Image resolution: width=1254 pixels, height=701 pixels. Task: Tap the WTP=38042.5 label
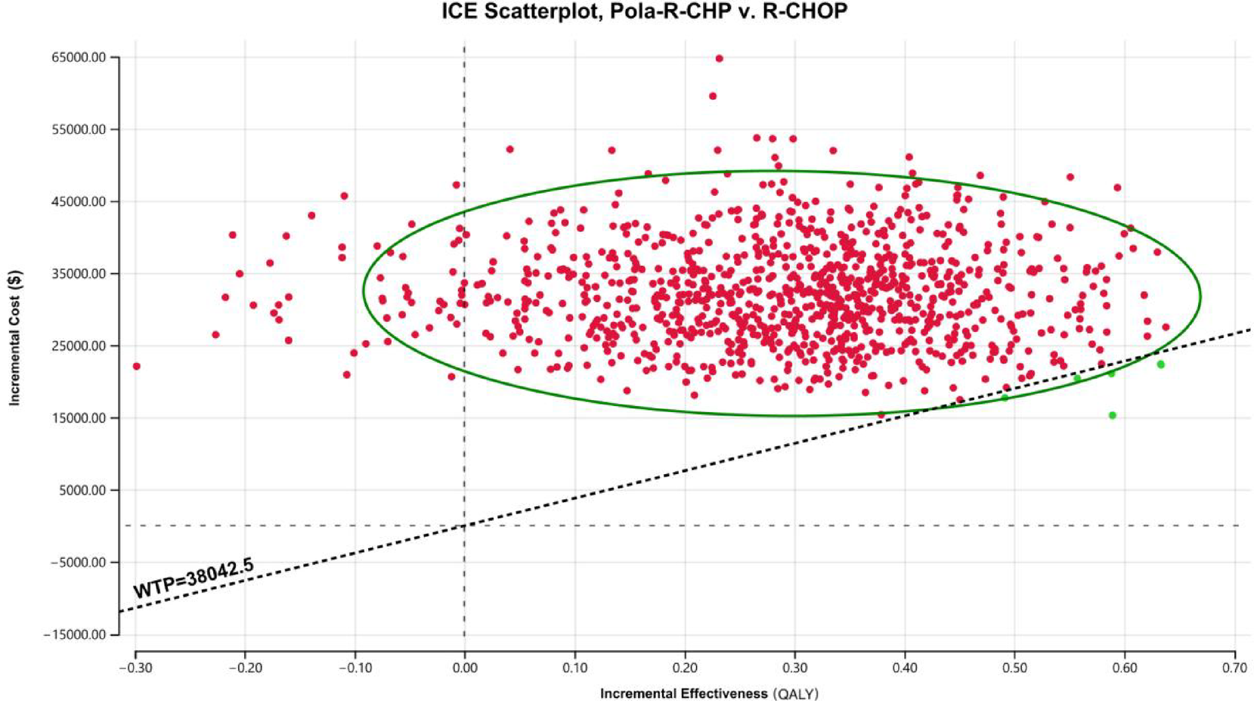click(x=194, y=578)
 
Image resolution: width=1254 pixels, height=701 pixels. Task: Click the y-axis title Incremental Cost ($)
click(x=15, y=338)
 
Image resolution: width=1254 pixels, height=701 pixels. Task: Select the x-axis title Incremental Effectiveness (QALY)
click(x=709, y=693)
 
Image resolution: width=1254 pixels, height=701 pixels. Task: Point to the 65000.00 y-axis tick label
click(x=79, y=57)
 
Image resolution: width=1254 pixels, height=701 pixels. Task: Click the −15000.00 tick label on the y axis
click(x=75, y=634)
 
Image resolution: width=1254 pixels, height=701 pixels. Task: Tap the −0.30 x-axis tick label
click(x=135, y=668)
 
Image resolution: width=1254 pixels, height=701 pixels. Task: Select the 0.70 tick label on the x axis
click(x=1235, y=668)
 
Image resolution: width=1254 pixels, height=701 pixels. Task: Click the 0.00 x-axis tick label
click(x=464, y=668)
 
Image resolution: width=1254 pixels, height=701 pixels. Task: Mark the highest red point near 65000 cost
click(x=719, y=58)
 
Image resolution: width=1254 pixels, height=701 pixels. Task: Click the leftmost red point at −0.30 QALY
click(x=137, y=366)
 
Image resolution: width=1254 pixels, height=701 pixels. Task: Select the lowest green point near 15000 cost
click(x=1112, y=415)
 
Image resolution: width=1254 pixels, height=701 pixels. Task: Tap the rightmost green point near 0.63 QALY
click(x=1160, y=364)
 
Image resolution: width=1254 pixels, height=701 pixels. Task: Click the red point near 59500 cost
click(x=712, y=96)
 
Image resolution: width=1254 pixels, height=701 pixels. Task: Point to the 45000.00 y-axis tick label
click(x=79, y=202)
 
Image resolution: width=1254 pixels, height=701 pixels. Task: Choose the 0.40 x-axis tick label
click(x=905, y=668)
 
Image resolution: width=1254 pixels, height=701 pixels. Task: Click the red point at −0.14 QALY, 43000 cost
click(x=311, y=216)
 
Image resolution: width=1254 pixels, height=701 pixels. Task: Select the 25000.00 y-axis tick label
click(x=79, y=346)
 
